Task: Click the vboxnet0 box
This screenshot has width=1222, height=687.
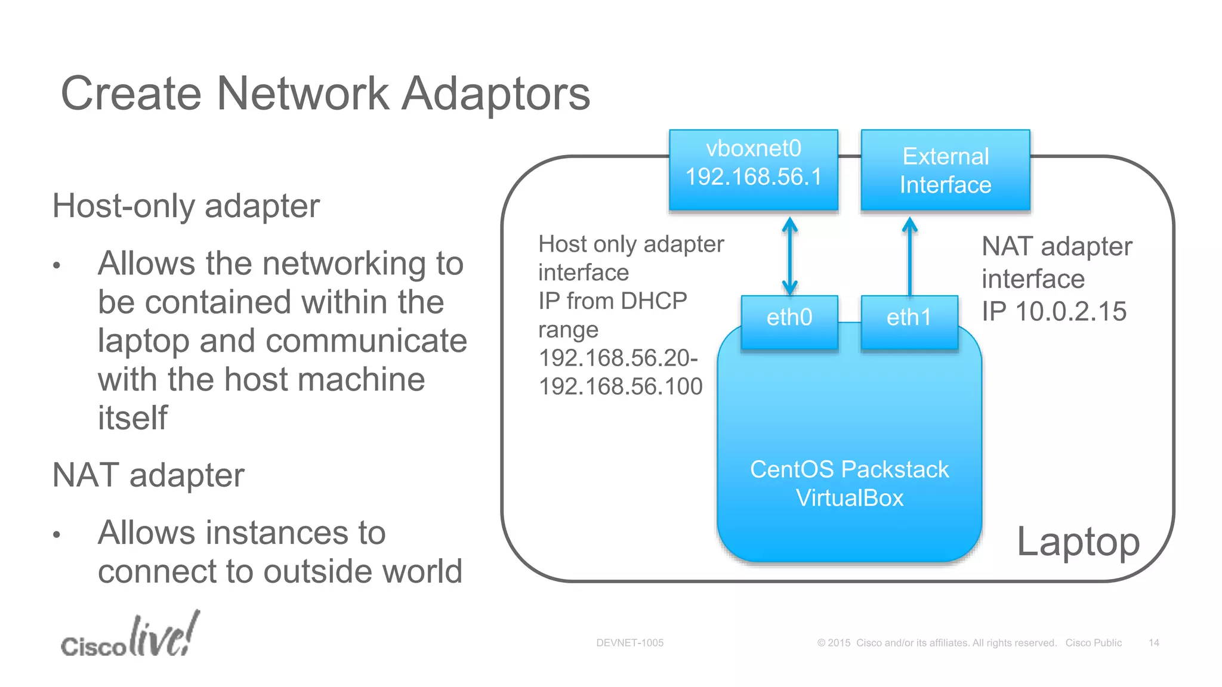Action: [x=753, y=169]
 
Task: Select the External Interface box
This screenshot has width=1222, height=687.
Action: [x=945, y=170]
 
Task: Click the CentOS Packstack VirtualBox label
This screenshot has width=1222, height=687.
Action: [x=849, y=484]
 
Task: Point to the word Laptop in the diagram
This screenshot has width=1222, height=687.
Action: [x=1078, y=541]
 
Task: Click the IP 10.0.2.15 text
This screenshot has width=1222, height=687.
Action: [x=1054, y=311]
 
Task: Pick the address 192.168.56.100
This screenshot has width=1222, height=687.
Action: [x=621, y=386]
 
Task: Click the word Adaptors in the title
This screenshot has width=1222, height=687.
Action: [x=495, y=94]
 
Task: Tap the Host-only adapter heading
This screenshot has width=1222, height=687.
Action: [x=186, y=206]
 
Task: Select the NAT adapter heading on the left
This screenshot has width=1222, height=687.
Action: [x=148, y=475]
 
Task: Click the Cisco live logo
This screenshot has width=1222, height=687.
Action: [x=130, y=636]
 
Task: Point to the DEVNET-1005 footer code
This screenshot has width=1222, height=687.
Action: [x=629, y=643]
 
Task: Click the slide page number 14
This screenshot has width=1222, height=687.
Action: [x=1153, y=643]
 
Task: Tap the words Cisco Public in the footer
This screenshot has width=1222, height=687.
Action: [x=1093, y=643]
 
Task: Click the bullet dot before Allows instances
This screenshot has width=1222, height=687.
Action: [x=57, y=535]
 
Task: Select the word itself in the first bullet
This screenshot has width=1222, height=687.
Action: [x=132, y=417]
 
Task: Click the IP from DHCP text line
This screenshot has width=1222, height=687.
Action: [x=612, y=301]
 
